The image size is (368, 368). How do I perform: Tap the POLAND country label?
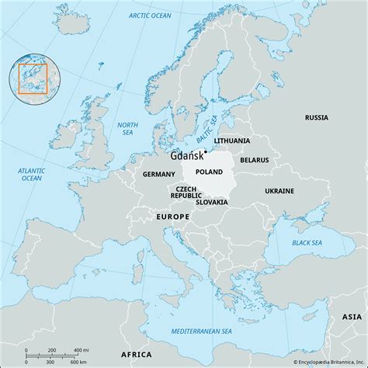point(209,172)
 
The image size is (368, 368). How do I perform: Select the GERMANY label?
point(159,175)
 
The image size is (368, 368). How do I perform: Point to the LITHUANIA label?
point(233,141)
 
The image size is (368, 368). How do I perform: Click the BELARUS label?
point(255,159)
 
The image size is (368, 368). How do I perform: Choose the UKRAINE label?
point(279,190)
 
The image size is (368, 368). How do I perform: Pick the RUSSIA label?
point(316,118)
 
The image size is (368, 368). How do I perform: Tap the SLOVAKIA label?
point(212,202)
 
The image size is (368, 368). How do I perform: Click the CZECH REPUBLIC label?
point(186,193)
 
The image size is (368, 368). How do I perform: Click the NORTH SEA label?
point(127,128)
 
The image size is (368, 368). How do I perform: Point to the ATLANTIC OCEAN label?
point(32,174)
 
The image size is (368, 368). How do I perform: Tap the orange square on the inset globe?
point(33,80)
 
